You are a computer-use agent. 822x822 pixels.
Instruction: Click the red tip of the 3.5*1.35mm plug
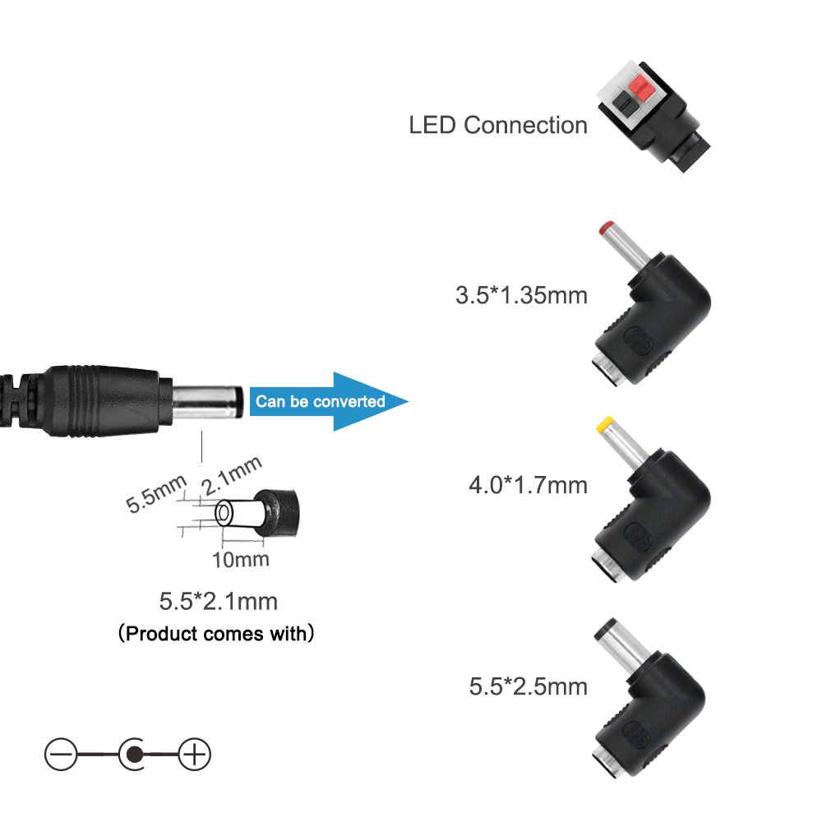[606, 227]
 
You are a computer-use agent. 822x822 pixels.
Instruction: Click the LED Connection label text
[498, 126]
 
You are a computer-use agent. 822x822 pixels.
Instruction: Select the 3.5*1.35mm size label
[521, 295]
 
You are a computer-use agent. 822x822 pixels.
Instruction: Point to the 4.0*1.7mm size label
[528, 485]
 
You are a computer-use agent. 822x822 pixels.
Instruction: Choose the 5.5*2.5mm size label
[529, 686]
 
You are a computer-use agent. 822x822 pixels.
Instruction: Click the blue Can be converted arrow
[329, 401]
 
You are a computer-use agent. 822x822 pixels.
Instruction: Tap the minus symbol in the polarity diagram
[60, 754]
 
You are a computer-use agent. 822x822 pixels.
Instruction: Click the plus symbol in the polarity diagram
[195, 754]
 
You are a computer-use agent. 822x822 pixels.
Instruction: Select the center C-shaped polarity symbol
[132, 754]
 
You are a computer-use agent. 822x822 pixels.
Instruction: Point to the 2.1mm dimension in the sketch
[232, 474]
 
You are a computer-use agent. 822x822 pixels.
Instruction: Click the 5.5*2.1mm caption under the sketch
[219, 602]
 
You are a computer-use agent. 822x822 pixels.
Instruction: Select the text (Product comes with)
[215, 635]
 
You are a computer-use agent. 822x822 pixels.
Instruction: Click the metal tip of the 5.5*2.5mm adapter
[612, 636]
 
